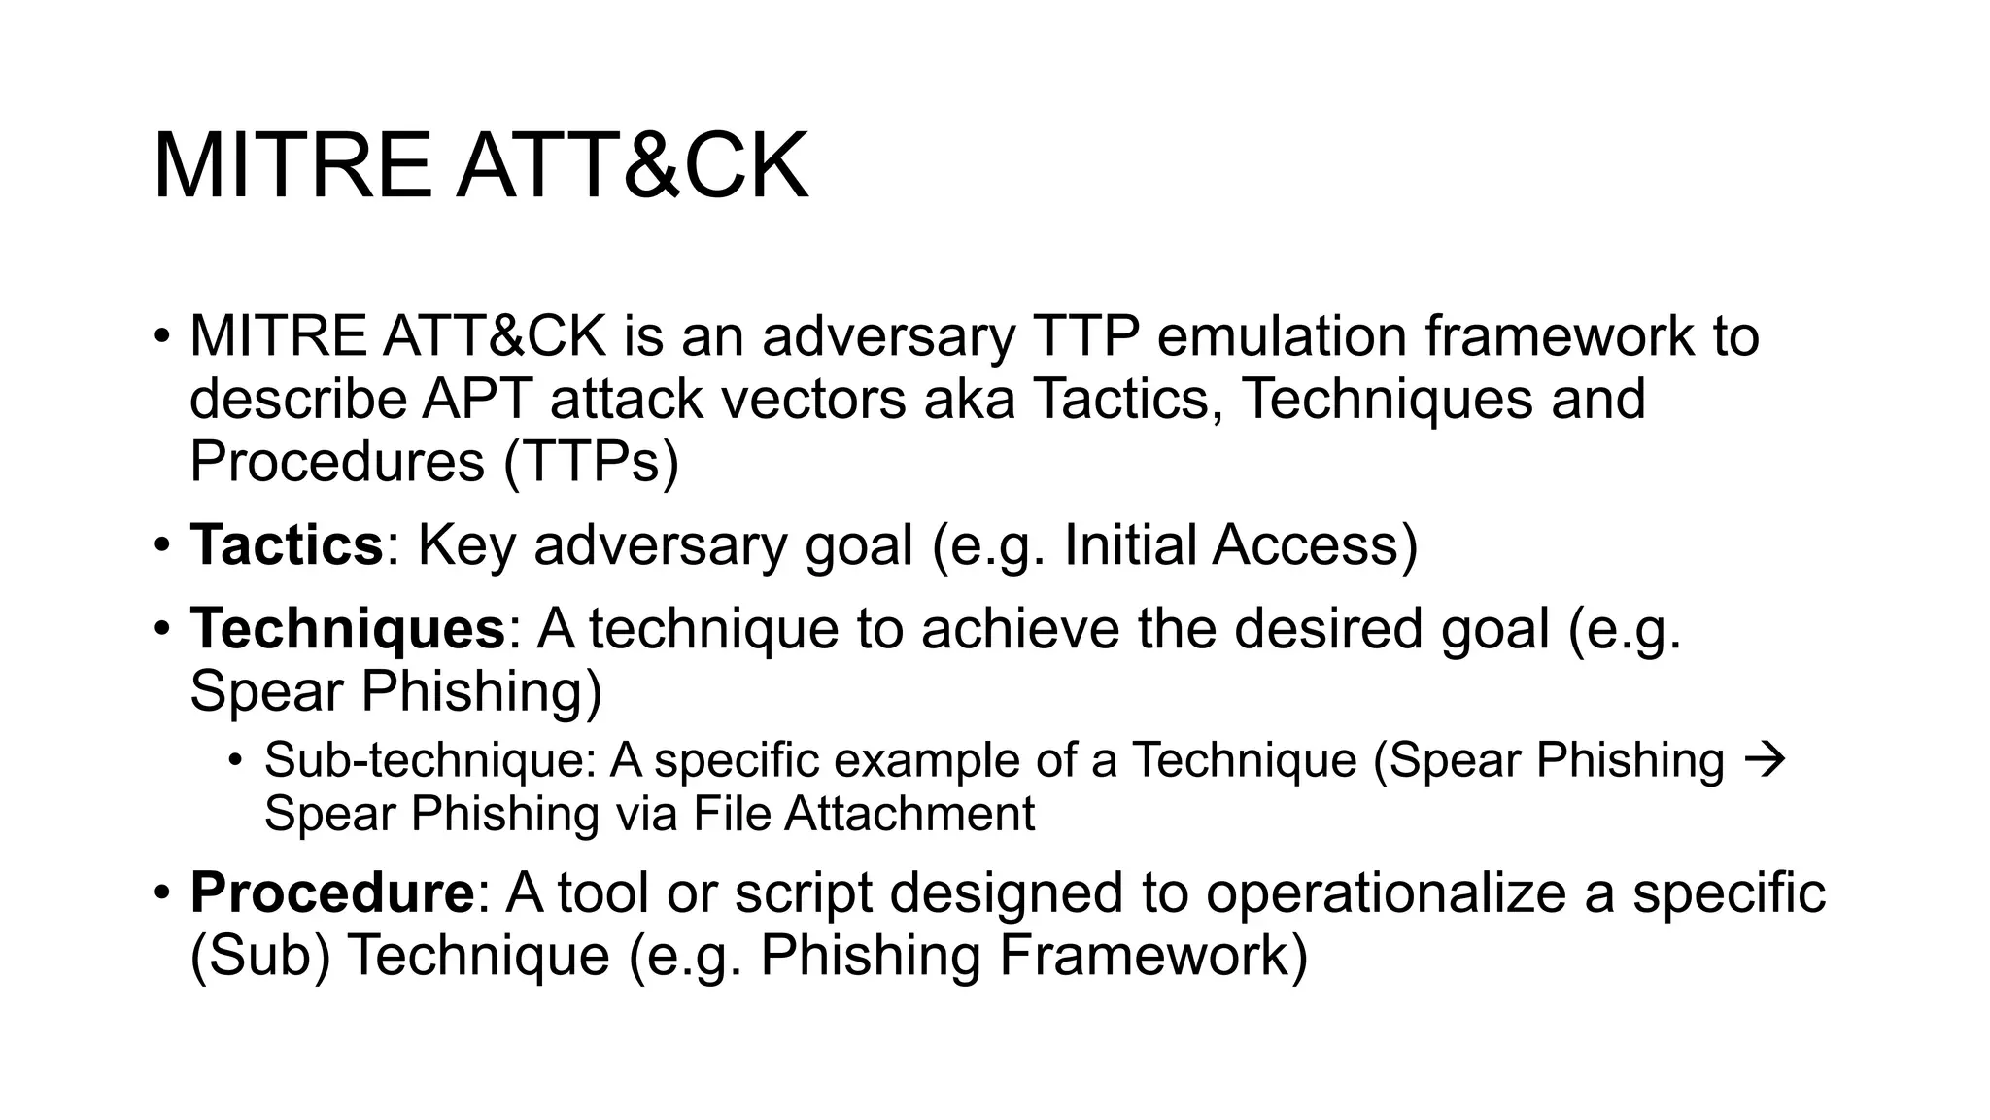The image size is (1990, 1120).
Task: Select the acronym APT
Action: (476, 399)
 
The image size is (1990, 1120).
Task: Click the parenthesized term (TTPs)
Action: (591, 462)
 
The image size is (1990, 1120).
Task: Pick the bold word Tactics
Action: (287, 544)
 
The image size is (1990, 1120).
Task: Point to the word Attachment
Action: (909, 813)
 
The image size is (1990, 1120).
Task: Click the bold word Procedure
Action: (331, 892)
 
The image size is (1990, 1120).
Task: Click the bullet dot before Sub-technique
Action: (234, 760)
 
